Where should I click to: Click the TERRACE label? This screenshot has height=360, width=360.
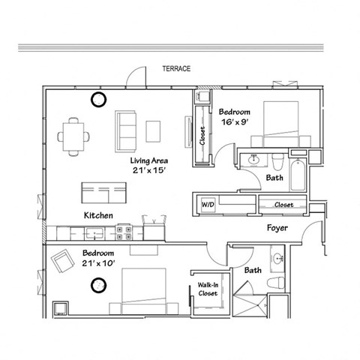(176, 69)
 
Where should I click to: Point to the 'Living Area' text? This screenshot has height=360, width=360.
(148, 160)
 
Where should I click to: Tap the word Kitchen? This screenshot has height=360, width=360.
(98, 216)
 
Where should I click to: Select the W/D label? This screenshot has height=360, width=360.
(205, 203)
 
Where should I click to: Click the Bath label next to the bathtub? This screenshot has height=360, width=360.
(274, 178)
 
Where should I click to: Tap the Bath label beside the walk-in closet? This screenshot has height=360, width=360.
(253, 270)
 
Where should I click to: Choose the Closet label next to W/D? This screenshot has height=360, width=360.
(283, 203)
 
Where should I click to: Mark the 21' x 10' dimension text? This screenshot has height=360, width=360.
(99, 264)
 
